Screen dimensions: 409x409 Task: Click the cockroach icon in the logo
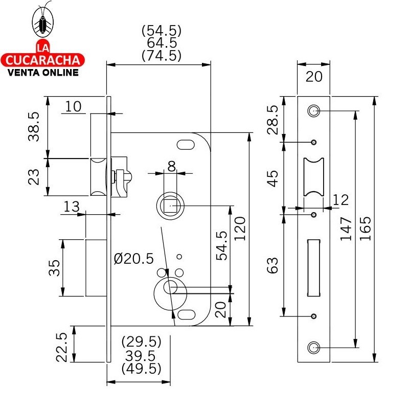43,21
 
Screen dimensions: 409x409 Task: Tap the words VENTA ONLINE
43,72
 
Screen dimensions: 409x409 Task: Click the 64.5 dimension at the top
161,43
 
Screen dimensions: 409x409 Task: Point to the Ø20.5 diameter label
134,259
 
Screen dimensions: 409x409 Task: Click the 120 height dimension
240,229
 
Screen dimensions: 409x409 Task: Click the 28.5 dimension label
273,120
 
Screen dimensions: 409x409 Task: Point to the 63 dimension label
273,265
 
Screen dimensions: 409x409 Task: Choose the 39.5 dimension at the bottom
141,355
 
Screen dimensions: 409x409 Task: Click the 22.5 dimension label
62,347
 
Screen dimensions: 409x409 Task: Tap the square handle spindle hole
170,206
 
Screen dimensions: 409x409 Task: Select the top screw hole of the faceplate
313,110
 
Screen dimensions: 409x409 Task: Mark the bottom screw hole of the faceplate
313,348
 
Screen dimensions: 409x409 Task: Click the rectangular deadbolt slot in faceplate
313,266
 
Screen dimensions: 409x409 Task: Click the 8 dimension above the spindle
171,166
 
